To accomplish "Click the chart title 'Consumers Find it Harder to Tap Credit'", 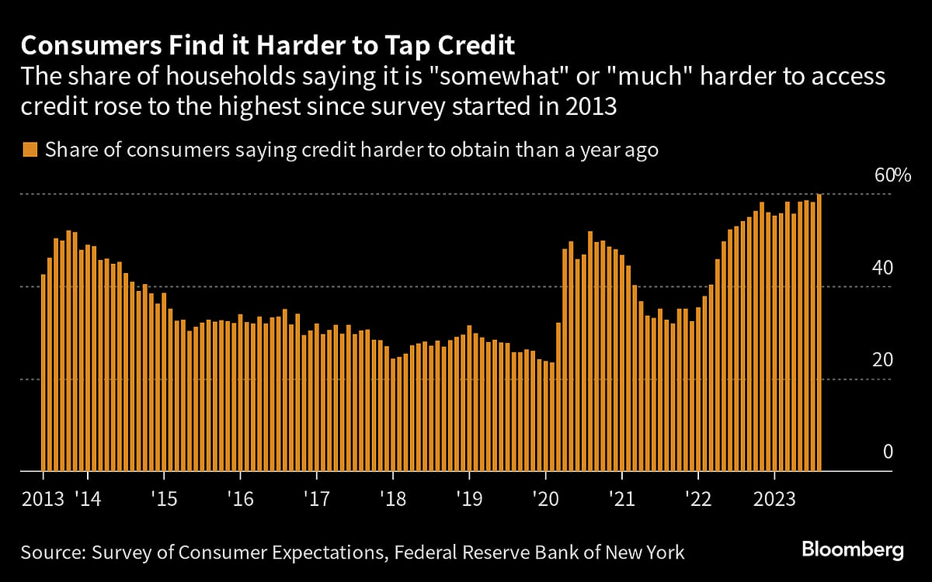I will pyautogui.click(x=268, y=45).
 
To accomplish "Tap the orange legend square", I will pyautogui.click(x=30, y=150).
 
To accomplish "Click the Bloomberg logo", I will pyautogui.click(x=853, y=550).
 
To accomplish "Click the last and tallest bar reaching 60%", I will pyautogui.click(x=819, y=334).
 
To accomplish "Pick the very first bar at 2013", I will pyautogui.click(x=43, y=372).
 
